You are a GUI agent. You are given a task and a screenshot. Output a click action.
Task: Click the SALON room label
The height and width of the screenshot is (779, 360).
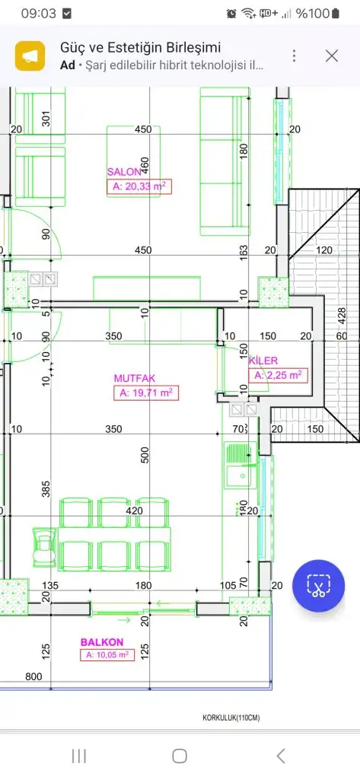coord(124,172)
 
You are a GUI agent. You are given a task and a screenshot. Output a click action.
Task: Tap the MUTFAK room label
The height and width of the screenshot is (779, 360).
coord(135,378)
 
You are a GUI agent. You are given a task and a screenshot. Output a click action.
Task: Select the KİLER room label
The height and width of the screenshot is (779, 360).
coord(263,361)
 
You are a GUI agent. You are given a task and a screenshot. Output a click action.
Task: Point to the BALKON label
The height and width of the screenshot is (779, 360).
coord(102,642)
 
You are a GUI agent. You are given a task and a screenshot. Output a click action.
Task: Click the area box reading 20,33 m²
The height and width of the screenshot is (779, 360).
coord(139,187)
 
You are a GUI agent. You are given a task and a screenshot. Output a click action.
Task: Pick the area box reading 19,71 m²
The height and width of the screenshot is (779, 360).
coord(146,393)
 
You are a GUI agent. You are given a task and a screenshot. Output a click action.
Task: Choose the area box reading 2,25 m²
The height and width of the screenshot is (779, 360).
coord(278,376)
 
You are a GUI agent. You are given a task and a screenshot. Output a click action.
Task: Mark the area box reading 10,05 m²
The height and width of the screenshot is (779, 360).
coord(107,655)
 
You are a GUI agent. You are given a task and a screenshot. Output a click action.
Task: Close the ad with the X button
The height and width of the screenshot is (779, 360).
coord(332,56)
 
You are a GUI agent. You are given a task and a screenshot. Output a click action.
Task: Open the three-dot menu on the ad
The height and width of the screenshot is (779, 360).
coord(295,56)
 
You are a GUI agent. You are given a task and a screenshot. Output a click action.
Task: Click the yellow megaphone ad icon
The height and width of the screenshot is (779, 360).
coord(30,56)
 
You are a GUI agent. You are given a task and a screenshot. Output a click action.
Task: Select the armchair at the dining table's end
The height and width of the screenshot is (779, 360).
coord(45,546)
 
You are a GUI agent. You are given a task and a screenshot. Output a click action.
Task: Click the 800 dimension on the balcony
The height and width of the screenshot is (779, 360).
coord(33,676)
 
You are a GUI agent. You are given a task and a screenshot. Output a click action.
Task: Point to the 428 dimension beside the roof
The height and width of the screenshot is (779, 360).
coord(342,316)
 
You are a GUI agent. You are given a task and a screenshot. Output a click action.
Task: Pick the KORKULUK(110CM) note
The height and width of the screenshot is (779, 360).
coord(231,718)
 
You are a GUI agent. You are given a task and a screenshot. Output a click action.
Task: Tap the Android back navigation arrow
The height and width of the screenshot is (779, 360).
coord(281,756)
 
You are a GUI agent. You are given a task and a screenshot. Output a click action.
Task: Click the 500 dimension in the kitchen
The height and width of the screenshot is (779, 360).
coord(145,455)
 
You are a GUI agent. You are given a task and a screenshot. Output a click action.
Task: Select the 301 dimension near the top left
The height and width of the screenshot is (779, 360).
coord(46,119)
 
